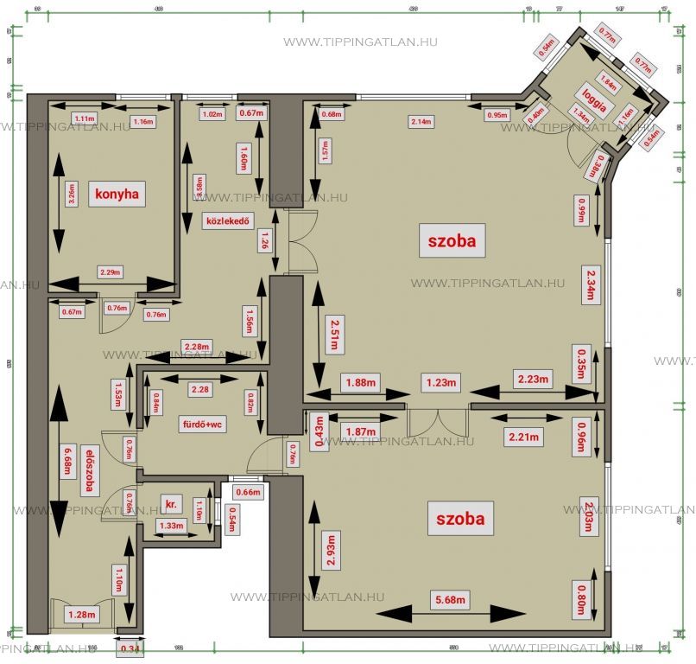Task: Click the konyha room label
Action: (x=118, y=194)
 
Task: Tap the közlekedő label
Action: (x=227, y=220)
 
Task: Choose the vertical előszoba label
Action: (x=89, y=470)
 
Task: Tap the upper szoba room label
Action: (x=452, y=240)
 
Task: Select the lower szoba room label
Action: (x=459, y=519)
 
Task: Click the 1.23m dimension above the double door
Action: (x=438, y=381)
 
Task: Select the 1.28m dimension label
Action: (x=83, y=616)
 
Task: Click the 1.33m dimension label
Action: (x=172, y=526)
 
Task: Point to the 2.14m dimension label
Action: (x=421, y=120)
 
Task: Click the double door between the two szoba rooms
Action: (x=437, y=421)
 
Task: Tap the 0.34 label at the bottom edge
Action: (x=130, y=648)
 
